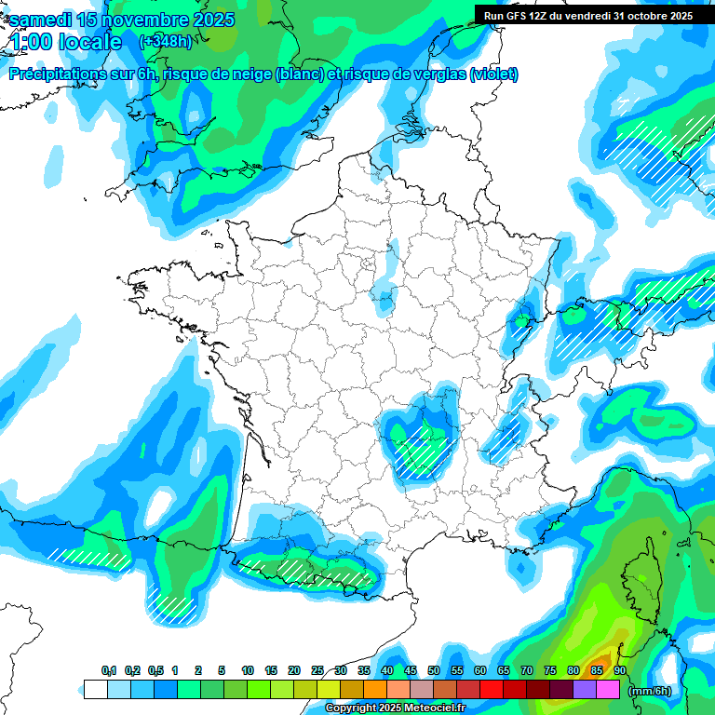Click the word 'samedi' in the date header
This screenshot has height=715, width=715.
tap(42, 20)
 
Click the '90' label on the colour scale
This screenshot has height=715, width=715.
tap(619, 670)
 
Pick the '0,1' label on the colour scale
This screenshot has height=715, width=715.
tap(109, 670)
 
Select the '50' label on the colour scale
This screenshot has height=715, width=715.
tap(434, 670)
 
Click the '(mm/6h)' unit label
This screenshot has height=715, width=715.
tap(650, 690)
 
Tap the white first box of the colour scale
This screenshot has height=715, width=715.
tap(95, 690)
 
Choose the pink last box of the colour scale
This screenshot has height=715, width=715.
tap(608, 690)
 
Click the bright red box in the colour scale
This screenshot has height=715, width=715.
tap(492, 690)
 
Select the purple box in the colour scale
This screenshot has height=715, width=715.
tap(585, 690)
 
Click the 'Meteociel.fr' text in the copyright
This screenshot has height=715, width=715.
tap(434, 708)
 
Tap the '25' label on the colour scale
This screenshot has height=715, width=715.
tap(317, 670)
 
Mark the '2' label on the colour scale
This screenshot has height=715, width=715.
tap(198, 670)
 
